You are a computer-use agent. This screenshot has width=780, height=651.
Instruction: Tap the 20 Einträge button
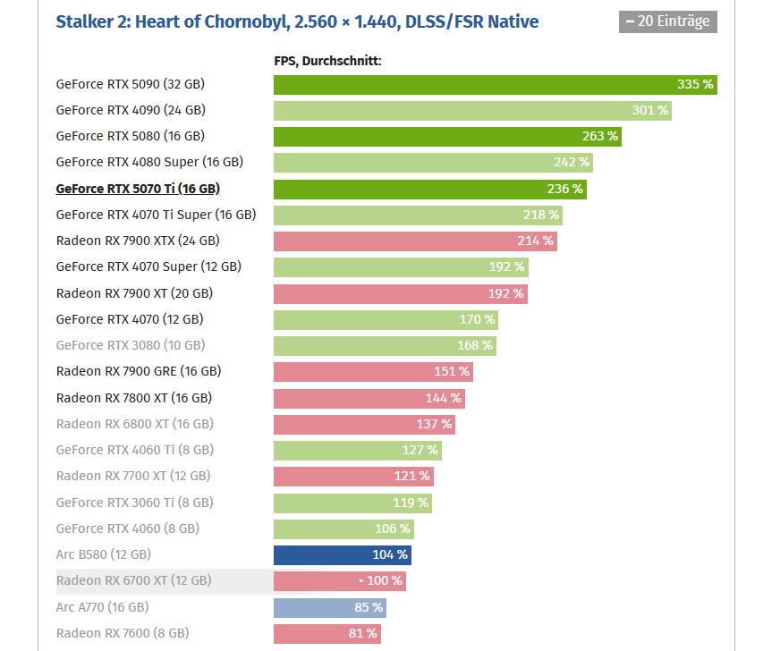point(667,21)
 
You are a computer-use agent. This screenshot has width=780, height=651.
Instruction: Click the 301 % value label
point(650,110)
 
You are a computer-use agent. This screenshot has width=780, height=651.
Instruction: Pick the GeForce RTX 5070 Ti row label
point(138,189)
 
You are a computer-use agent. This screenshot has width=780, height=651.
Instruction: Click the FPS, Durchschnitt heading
point(327,61)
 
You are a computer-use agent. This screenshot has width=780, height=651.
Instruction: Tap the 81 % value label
point(362,633)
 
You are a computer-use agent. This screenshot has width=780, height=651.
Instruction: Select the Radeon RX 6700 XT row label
point(133,580)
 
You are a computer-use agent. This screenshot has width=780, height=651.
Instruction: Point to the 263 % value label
point(600,136)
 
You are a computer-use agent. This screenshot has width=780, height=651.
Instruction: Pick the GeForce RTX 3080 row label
point(130,345)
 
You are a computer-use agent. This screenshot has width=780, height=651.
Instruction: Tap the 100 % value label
point(385,581)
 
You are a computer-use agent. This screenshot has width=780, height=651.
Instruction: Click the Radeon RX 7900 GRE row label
point(139,371)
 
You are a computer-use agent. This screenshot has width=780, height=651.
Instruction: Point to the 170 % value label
point(477,319)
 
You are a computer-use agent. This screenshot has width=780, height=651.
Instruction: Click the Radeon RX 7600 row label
point(123,633)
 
